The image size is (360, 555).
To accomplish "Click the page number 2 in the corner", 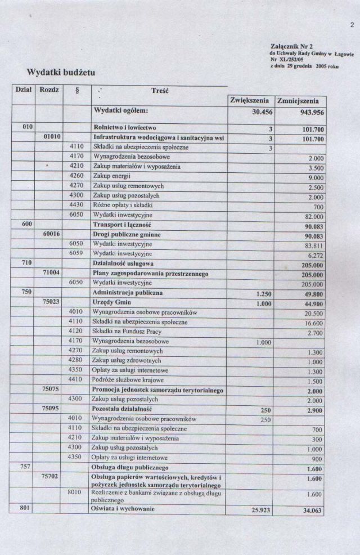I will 352,25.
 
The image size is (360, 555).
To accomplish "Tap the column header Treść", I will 160,90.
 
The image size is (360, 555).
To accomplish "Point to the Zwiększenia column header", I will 251,101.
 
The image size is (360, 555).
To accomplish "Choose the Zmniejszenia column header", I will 300,101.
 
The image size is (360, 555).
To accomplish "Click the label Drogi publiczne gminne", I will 127,235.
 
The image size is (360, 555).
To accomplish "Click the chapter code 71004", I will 52,274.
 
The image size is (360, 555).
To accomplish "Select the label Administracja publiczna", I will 128,293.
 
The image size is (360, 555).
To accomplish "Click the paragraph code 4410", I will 76,380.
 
